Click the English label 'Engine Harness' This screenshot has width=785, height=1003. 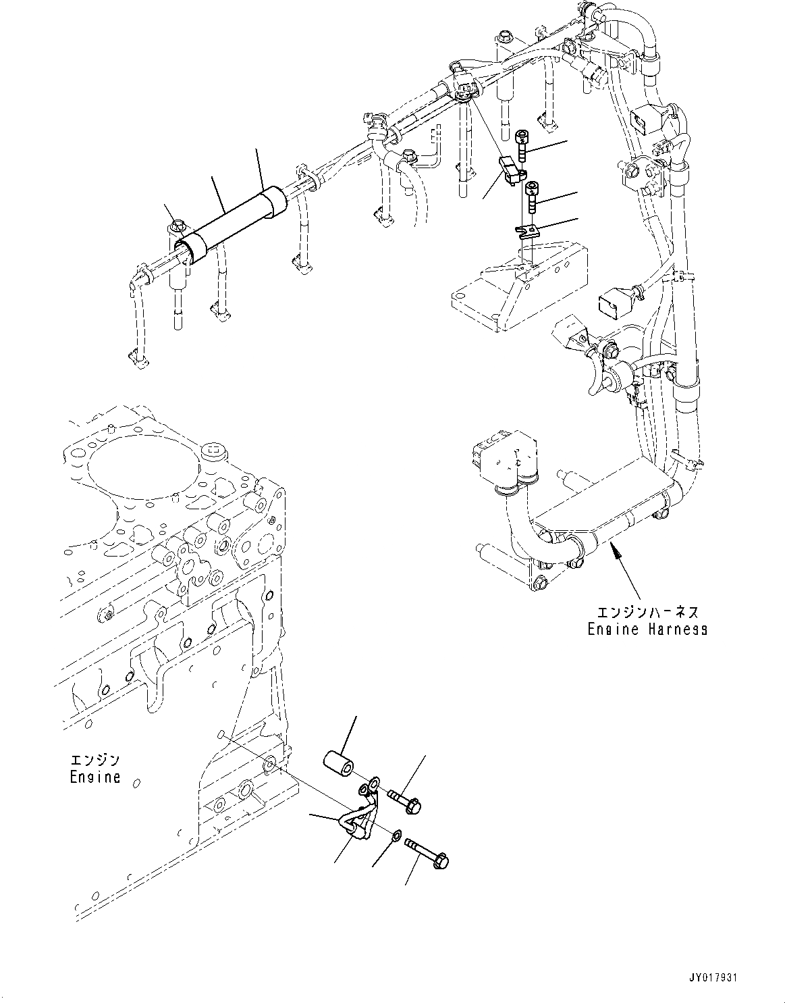click(647, 629)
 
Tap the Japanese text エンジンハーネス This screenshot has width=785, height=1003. click(647, 612)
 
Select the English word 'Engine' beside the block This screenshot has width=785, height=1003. click(94, 777)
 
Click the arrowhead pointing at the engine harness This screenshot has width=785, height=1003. click(614, 553)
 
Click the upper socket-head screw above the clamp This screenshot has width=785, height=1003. click(522, 146)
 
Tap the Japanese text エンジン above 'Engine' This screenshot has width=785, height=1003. click(94, 759)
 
